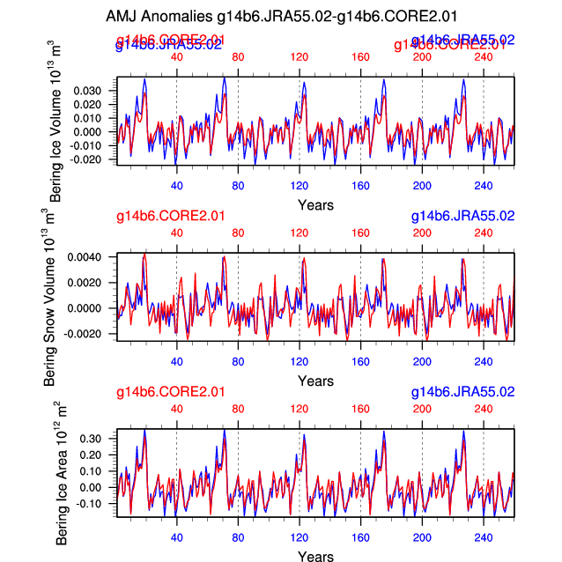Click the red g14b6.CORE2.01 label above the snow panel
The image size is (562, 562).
(x=170, y=216)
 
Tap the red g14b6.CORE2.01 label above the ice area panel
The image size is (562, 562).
(x=170, y=392)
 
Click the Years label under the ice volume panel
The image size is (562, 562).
(x=315, y=204)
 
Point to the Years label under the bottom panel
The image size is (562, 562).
(x=315, y=556)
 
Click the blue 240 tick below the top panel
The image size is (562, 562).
(x=483, y=186)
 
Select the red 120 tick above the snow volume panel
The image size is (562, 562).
(x=299, y=233)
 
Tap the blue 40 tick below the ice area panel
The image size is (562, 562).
(x=176, y=537)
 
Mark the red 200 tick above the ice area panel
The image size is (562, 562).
(x=422, y=409)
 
